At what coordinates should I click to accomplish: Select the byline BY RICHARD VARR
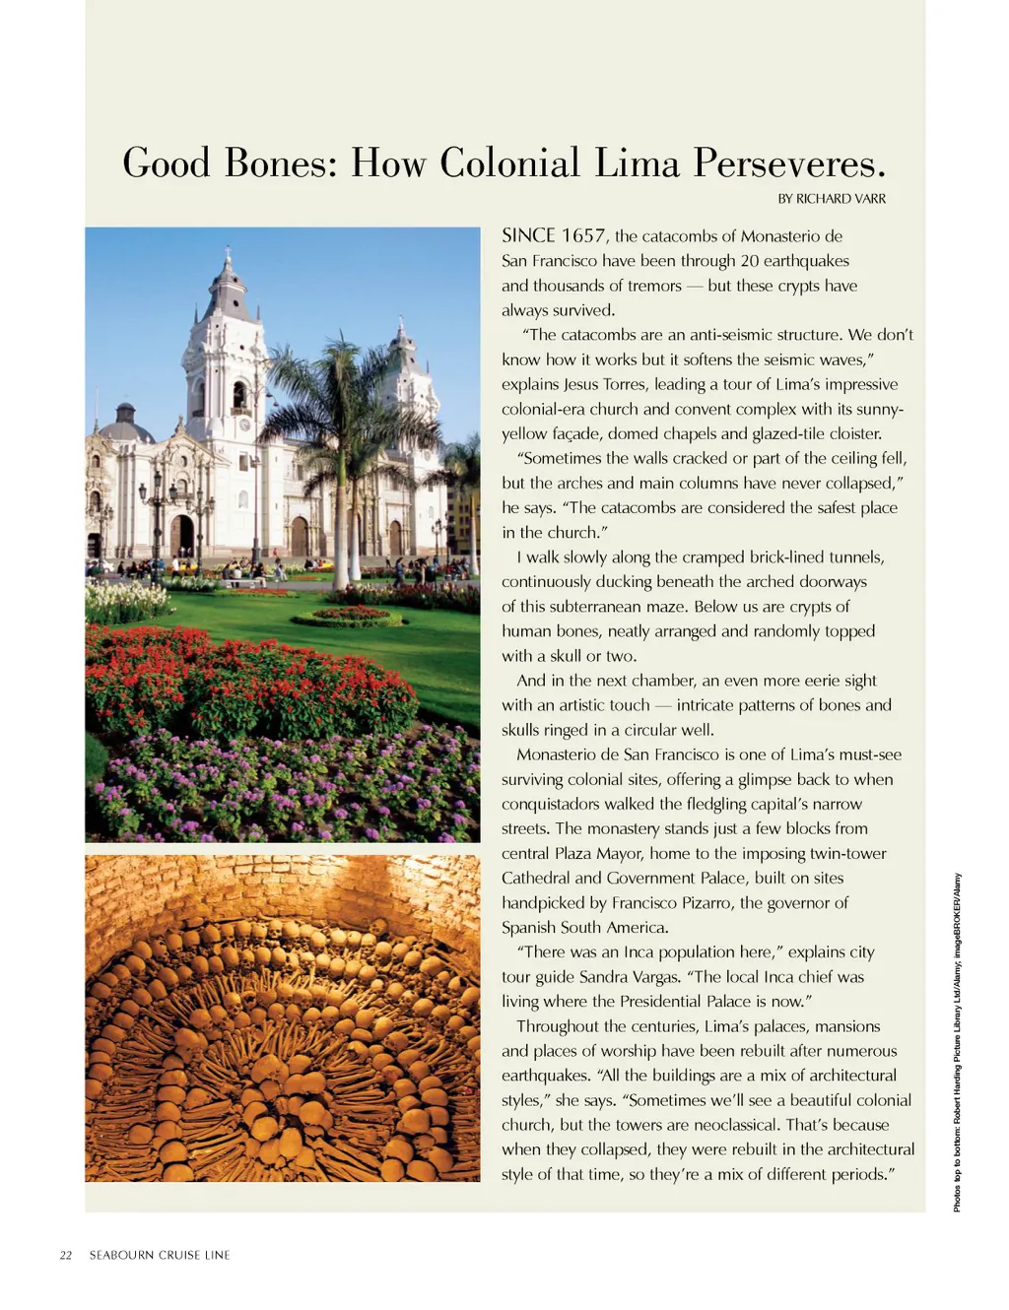[x=832, y=199]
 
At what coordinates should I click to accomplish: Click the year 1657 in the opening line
[x=583, y=236]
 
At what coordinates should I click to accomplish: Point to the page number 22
[x=66, y=1255]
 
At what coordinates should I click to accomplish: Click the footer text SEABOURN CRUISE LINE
[x=160, y=1255]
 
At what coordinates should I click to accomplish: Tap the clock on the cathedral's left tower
[x=243, y=426]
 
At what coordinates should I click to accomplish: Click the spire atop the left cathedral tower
[x=229, y=262]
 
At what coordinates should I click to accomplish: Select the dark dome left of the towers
[x=126, y=424]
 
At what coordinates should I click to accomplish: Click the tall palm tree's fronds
[x=340, y=384]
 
